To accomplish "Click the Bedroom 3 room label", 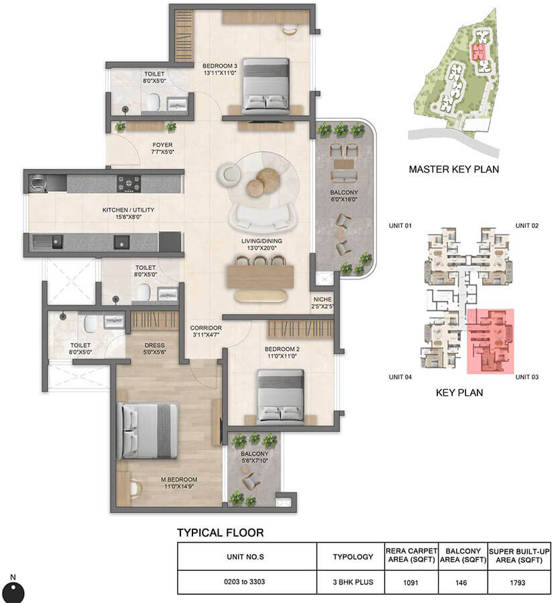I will click(x=220, y=69).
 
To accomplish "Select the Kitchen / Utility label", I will click(x=128, y=213).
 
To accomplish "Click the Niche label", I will click(x=323, y=303).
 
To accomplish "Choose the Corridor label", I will click(x=205, y=331).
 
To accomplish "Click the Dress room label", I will click(x=155, y=349).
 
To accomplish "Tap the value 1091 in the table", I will click(x=412, y=582).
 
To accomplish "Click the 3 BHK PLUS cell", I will click(x=352, y=582).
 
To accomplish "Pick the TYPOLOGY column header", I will click(x=352, y=556).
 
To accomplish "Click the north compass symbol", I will click(x=13, y=591).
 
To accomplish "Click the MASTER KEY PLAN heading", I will click(x=453, y=170).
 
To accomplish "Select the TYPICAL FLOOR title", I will click(x=220, y=533).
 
